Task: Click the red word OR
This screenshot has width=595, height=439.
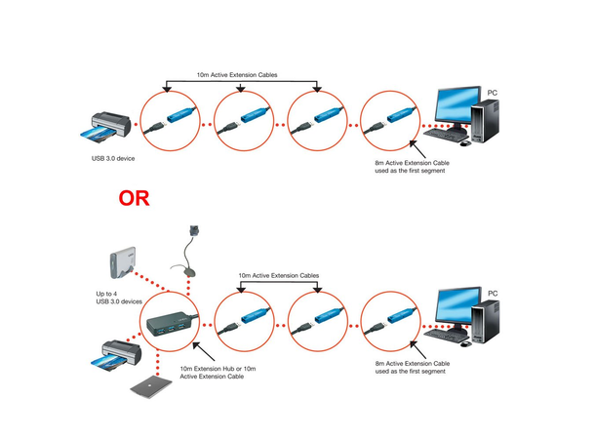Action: click(x=135, y=199)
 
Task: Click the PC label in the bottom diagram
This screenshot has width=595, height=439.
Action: click(x=493, y=292)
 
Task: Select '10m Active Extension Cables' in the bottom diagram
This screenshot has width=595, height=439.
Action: click(x=281, y=276)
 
